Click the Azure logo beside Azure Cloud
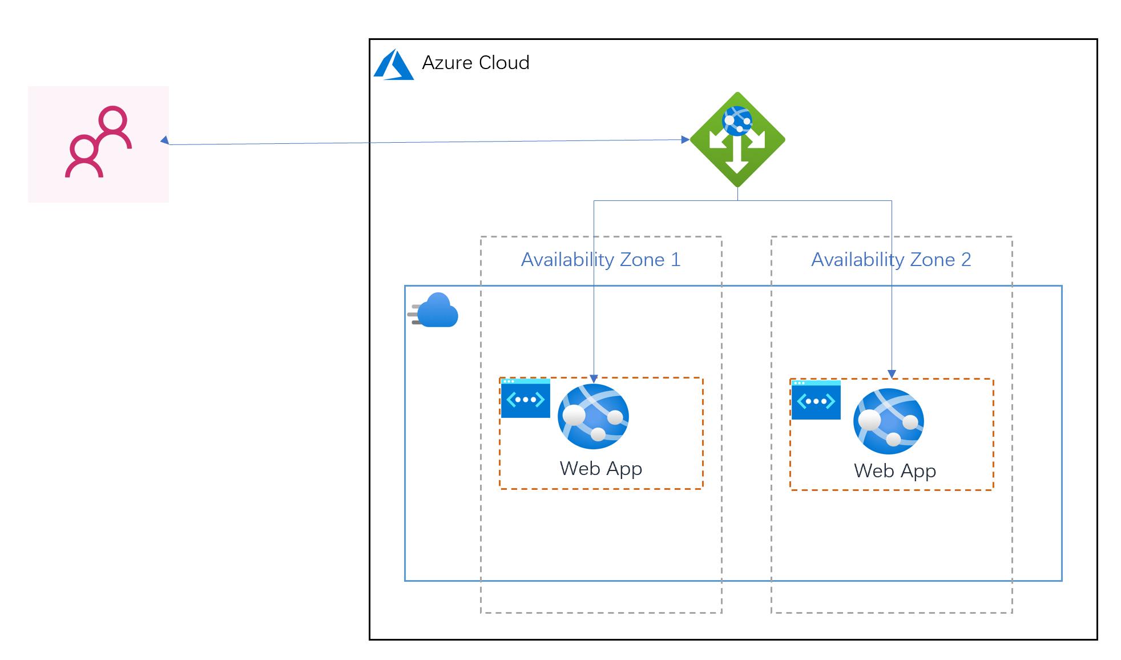(x=393, y=65)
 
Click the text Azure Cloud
(x=475, y=63)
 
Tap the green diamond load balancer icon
(x=737, y=140)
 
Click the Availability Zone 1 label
(x=600, y=260)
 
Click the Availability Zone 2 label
(x=890, y=260)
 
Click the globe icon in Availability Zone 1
(x=593, y=416)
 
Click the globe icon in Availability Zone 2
(x=888, y=421)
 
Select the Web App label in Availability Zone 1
(x=600, y=469)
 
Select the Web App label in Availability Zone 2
(x=894, y=471)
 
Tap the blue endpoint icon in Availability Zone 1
(x=525, y=399)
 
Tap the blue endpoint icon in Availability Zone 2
(x=816, y=400)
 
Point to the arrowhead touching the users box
(x=164, y=140)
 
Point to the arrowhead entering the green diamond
(x=685, y=139)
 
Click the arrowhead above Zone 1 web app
(x=594, y=379)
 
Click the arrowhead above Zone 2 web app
(x=892, y=375)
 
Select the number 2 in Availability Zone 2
(x=966, y=260)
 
